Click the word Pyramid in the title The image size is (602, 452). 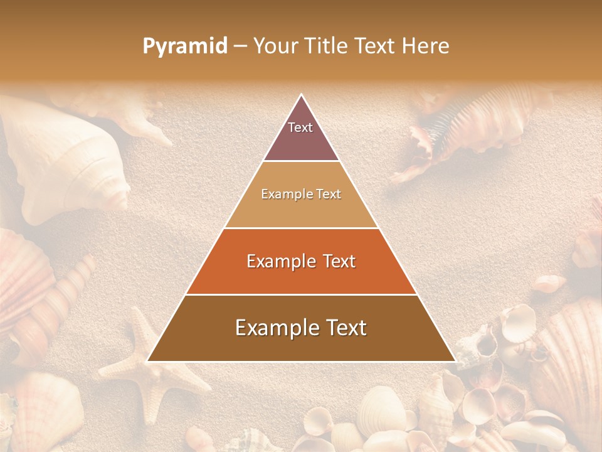click(x=184, y=46)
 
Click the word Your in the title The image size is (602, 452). click(x=276, y=46)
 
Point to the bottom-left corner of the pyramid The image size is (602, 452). click(x=148, y=361)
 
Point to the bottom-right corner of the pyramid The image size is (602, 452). click(x=455, y=361)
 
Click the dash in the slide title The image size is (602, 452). click(x=240, y=46)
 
